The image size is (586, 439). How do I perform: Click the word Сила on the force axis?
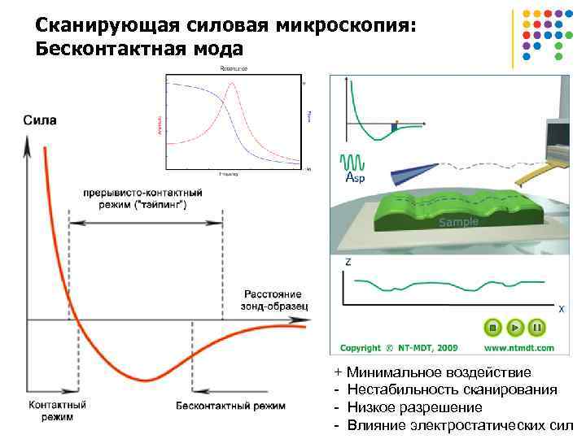click(x=40, y=120)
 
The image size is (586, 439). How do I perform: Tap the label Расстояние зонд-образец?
click(x=271, y=299)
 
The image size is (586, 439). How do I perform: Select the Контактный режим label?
click(x=53, y=410)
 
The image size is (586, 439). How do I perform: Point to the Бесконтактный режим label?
click(x=230, y=404)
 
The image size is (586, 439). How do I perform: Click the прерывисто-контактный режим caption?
click(x=142, y=199)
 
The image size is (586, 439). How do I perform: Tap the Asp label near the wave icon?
click(x=355, y=177)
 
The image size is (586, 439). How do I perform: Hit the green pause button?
click(x=536, y=328)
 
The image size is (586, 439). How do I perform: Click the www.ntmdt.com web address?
click(x=519, y=348)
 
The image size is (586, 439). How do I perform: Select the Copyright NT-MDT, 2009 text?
click(x=399, y=348)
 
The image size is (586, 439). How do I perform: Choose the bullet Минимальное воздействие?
click(x=439, y=373)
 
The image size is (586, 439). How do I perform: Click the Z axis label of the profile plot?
click(x=348, y=262)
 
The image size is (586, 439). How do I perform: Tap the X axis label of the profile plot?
click(x=560, y=309)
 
